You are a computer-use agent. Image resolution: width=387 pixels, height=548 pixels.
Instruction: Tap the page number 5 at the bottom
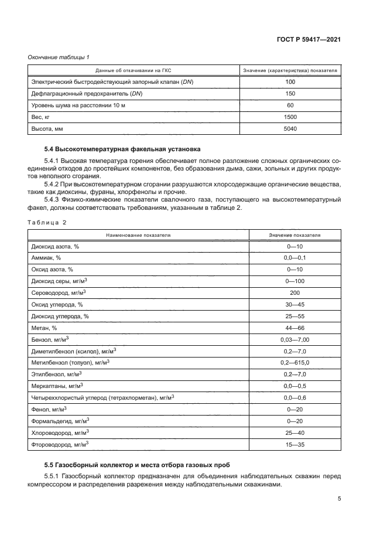340,499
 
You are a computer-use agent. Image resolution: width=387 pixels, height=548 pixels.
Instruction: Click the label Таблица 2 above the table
47,223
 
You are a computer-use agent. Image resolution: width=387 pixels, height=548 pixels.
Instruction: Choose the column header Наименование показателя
138,235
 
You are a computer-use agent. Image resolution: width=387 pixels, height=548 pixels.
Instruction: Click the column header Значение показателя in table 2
294,235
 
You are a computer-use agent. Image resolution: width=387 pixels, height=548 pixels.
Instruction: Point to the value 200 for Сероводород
294,292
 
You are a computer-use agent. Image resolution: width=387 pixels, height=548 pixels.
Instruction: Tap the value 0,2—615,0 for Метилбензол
294,362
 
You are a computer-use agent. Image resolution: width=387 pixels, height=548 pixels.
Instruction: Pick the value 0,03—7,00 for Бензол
294,339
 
